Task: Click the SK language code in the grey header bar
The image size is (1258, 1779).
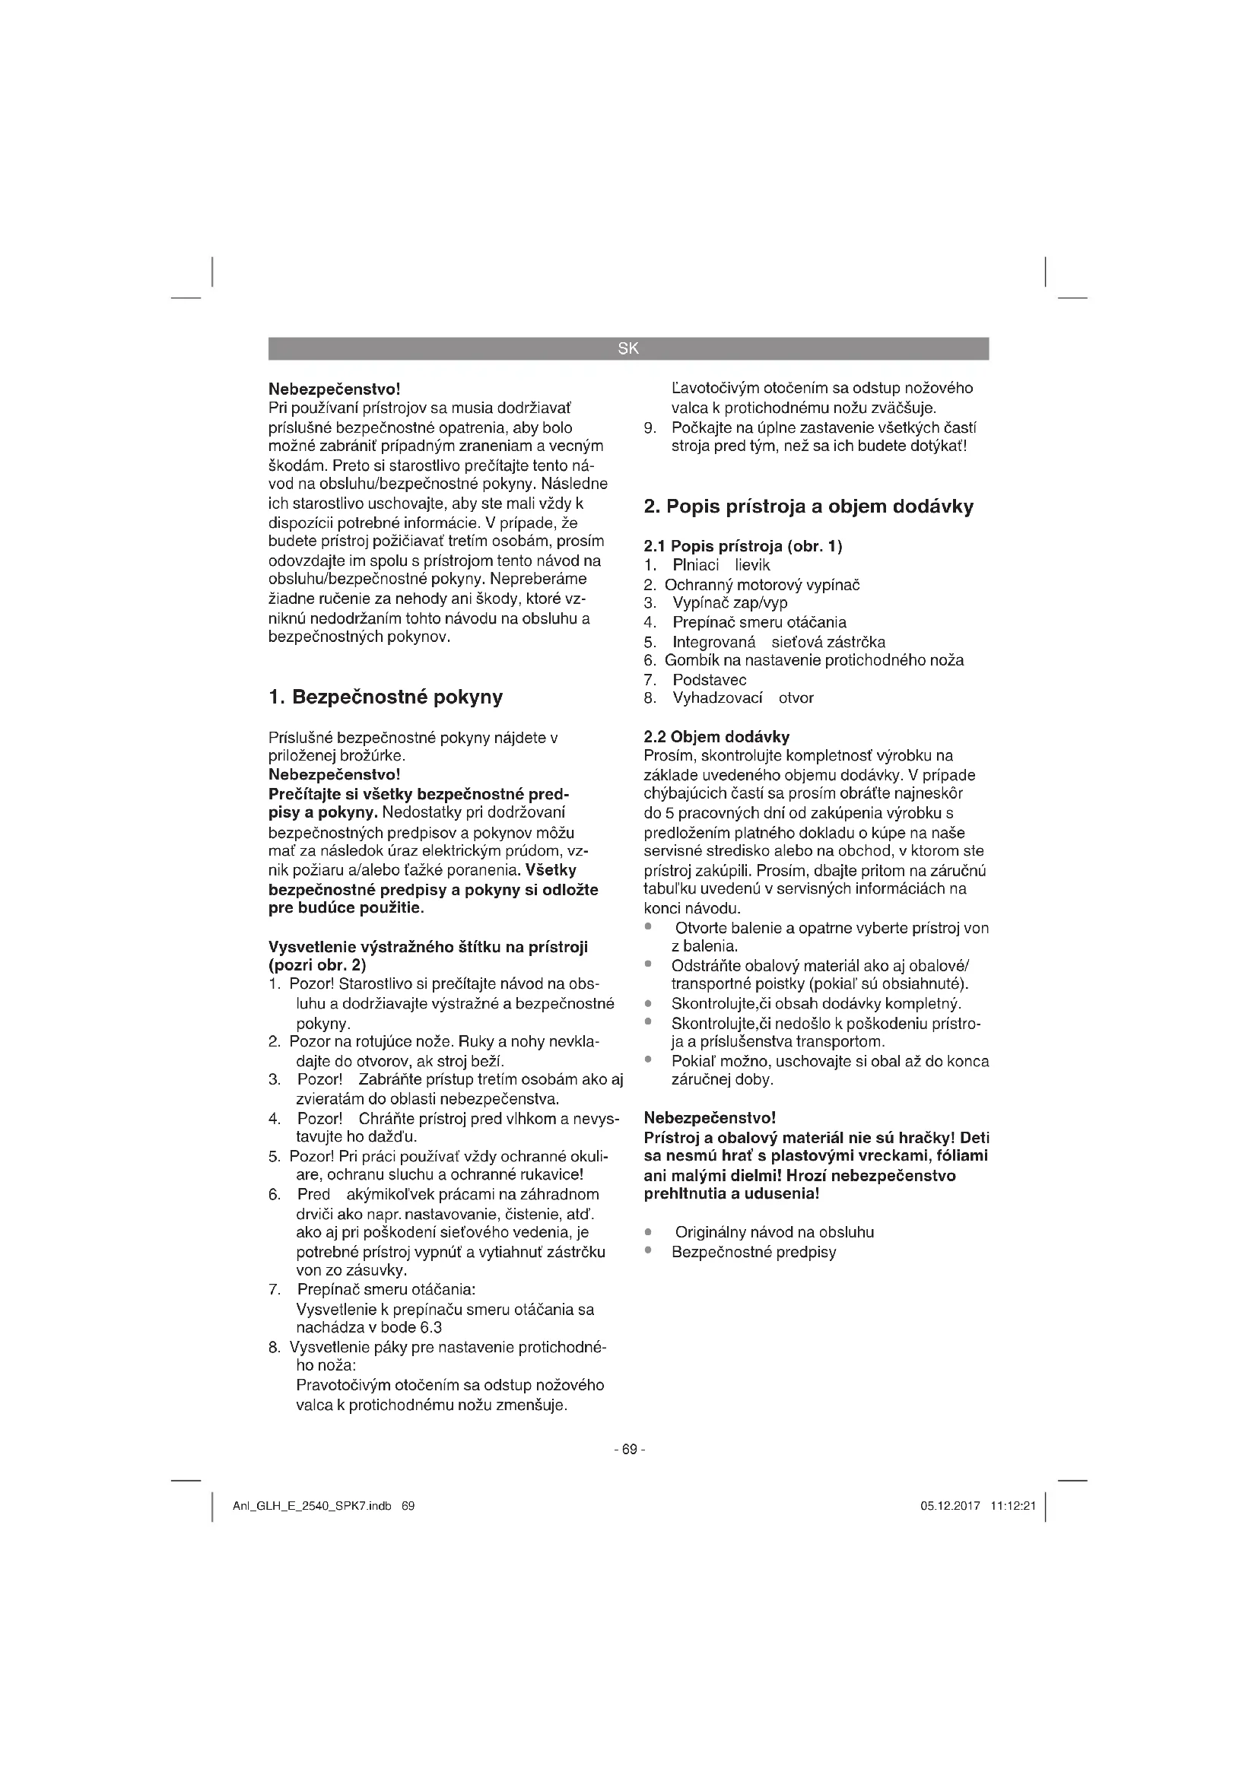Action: (x=628, y=348)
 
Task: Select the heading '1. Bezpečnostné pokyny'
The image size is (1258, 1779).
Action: (x=385, y=697)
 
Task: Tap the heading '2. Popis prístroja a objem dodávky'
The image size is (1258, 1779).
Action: (x=808, y=507)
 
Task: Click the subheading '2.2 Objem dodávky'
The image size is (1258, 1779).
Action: (x=716, y=736)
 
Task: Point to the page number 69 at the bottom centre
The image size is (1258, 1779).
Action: (x=629, y=1449)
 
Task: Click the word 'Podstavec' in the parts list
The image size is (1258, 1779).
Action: (x=710, y=679)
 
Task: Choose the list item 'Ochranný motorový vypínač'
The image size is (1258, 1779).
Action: (x=761, y=585)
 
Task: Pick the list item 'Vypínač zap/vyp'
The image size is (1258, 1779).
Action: (x=729, y=603)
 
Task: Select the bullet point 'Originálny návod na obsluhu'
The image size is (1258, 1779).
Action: (x=774, y=1232)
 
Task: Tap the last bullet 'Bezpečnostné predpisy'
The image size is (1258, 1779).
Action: (x=754, y=1252)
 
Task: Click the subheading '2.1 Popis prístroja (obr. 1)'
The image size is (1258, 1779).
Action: (x=743, y=546)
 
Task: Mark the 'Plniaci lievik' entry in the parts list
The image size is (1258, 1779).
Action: (x=721, y=566)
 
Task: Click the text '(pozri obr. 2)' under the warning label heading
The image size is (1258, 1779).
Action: (x=317, y=965)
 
